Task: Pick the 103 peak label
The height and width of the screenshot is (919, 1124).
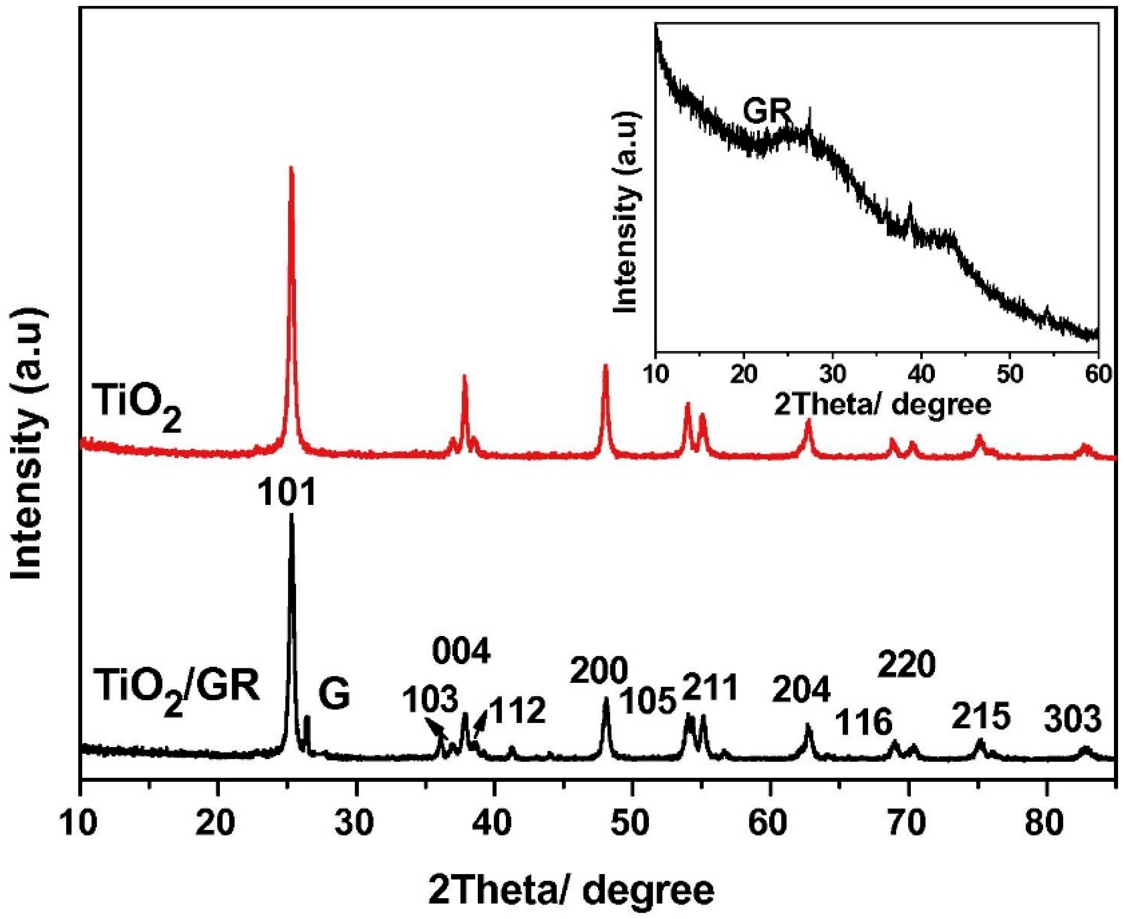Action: coord(429,700)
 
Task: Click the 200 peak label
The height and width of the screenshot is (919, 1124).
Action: coord(598,671)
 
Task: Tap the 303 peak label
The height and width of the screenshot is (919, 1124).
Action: coord(1073,720)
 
